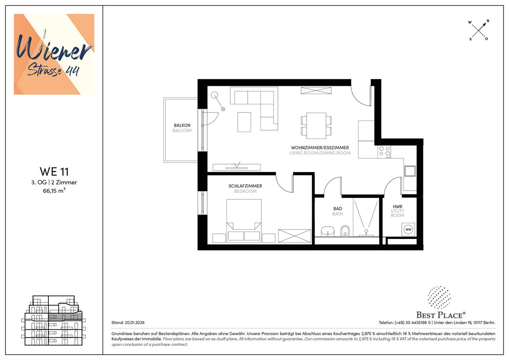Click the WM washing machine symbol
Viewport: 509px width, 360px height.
[x=408, y=230]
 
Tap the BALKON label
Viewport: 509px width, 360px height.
[x=182, y=125]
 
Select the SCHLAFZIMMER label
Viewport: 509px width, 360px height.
[x=245, y=186]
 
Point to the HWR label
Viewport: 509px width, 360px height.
[x=397, y=206]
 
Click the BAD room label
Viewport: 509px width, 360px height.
[x=338, y=208]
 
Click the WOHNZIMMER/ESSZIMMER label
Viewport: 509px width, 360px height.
[x=320, y=148]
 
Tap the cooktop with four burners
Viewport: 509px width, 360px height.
[x=384, y=152]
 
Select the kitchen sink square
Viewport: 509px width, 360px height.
[x=410, y=171]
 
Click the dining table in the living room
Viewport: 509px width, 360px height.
[x=316, y=126]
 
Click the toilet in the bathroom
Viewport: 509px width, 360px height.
[x=345, y=231]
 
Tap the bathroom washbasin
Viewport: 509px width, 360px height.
[x=327, y=231]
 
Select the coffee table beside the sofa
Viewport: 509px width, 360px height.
[x=244, y=122]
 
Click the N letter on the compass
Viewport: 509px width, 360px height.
[x=488, y=21]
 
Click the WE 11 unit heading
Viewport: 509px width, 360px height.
[x=54, y=172]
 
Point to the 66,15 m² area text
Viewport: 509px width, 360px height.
[x=54, y=191]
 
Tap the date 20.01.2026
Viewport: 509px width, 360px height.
[x=134, y=323]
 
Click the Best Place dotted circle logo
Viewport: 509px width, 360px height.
[x=439, y=298]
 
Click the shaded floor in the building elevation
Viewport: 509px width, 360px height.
[x=65, y=316]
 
